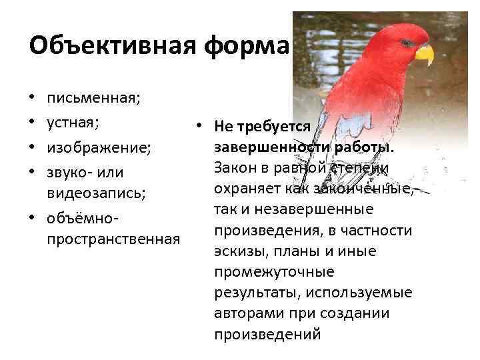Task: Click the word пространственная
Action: tap(113, 239)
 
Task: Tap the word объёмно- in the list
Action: tap(83, 218)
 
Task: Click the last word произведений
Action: tap(267, 334)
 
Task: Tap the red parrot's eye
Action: tap(403, 43)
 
